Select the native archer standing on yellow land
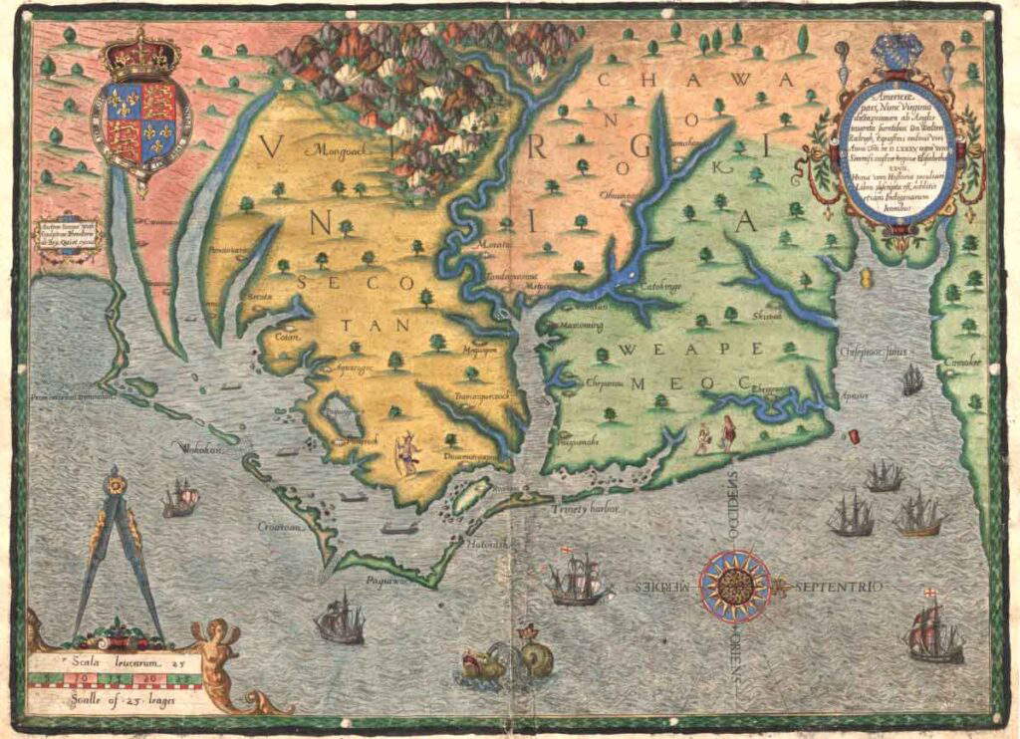[x=406, y=454]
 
